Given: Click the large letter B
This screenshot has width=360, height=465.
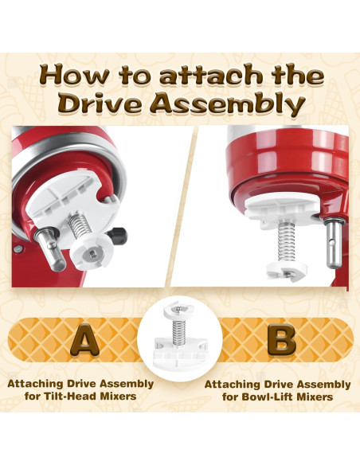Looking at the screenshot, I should (x=280, y=339).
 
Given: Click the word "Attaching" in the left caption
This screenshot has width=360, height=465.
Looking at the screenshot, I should (x=37, y=383).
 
